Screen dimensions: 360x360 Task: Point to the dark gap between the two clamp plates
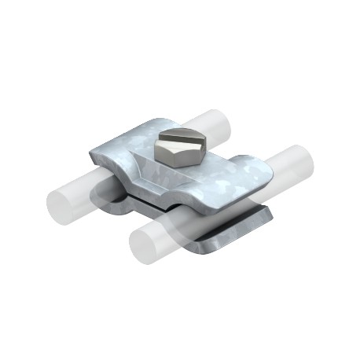(x=157, y=206)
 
